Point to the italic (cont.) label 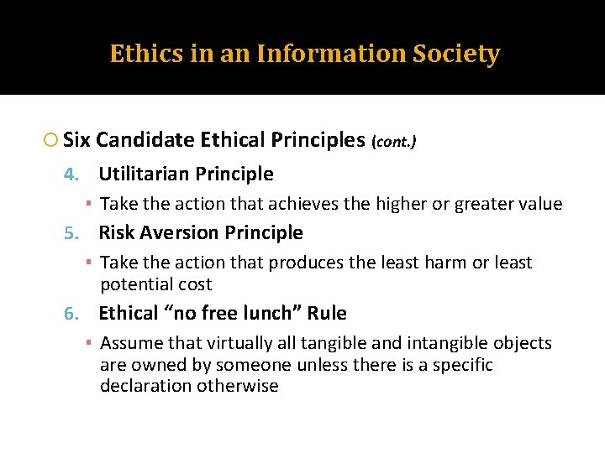tap(393, 143)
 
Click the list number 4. tap(71, 174)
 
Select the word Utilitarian tap(145, 174)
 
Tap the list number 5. tap(71, 233)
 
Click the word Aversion tap(179, 233)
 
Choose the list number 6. tap(71, 314)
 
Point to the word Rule tap(327, 314)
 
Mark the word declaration tap(145, 387)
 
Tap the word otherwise tap(238, 387)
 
